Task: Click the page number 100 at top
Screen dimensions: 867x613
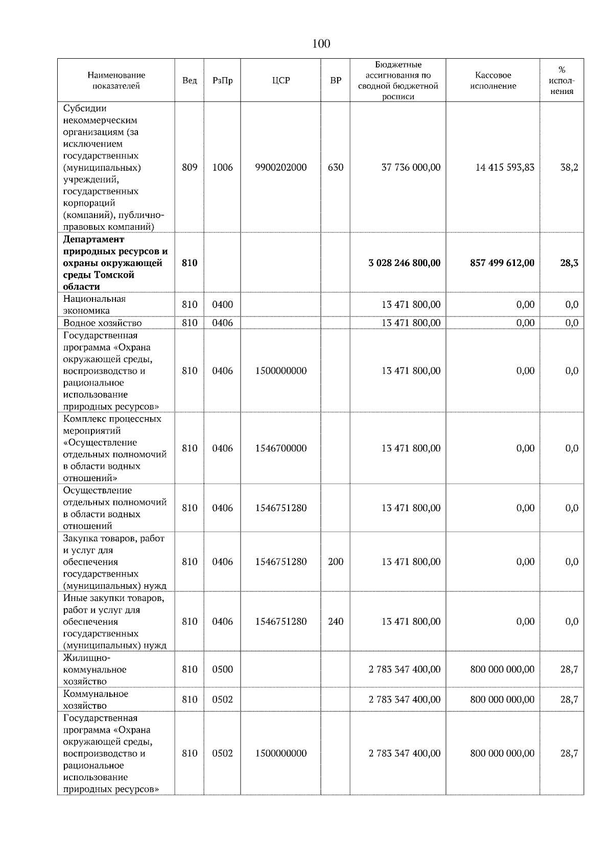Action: tap(321, 44)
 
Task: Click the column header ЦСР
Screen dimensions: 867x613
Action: tap(280, 81)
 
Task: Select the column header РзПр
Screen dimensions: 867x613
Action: tap(222, 81)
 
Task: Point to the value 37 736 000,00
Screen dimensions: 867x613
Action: tap(411, 167)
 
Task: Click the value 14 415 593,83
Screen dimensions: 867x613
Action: tap(505, 167)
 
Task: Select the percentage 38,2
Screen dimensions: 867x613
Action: tap(569, 167)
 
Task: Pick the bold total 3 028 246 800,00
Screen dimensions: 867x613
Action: tap(404, 263)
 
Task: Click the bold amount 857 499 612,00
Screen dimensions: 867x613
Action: tap(502, 263)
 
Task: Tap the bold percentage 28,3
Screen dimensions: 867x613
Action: tap(569, 263)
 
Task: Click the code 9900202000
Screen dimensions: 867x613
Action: tap(280, 167)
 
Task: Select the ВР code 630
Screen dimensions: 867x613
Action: tap(335, 167)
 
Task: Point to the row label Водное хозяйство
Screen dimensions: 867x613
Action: tap(102, 323)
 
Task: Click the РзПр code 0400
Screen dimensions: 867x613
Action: tap(222, 305)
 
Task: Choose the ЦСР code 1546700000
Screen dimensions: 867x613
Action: tap(280, 448)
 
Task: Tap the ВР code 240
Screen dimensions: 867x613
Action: tap(335, 621)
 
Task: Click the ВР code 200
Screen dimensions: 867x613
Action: tap(335, 562)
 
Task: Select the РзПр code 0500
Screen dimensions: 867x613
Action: tap(222, 669)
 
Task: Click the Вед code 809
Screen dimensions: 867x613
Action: tap(190, 167)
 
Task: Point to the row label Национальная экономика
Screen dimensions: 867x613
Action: tap(95, 305)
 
